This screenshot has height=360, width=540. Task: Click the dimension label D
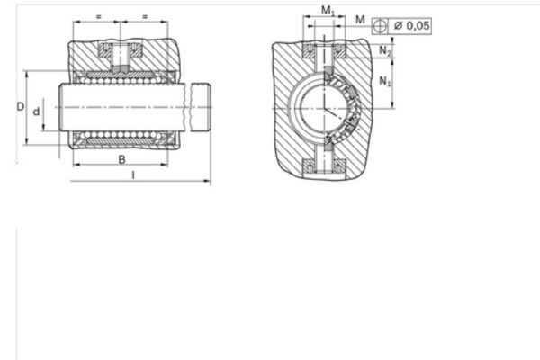click(20, 106)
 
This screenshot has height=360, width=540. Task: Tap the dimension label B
click(121, 160)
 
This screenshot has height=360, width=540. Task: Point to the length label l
click(132, 175)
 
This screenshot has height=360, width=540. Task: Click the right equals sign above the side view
click(145, 16)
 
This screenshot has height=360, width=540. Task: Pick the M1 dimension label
click(328, 11)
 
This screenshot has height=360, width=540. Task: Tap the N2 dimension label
click(386, 51)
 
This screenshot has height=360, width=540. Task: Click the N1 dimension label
click(386, 83)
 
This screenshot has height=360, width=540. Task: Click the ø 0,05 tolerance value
click(416, 26)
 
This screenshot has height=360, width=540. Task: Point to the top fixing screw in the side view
click(121, 53)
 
